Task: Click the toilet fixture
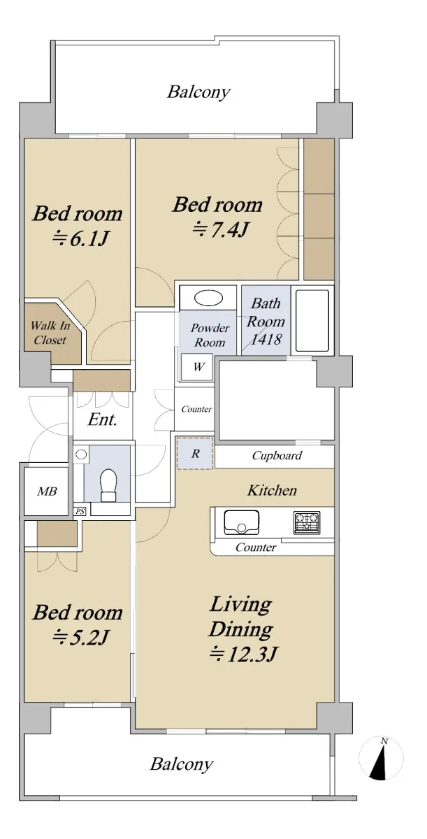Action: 109,485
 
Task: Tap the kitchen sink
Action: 241,522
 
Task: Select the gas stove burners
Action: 307,522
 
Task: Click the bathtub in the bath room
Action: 312,320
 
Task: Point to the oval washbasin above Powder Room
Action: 208,299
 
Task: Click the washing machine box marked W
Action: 197,366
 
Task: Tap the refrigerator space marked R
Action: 195,453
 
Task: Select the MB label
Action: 47,491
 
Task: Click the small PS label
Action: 80,511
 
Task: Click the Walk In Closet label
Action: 50,333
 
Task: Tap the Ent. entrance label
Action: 103,419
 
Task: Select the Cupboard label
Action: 277,455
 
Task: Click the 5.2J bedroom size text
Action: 81,637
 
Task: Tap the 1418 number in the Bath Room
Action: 266,339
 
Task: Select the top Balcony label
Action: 198,92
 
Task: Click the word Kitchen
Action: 272,490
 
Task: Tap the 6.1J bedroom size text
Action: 81,238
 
